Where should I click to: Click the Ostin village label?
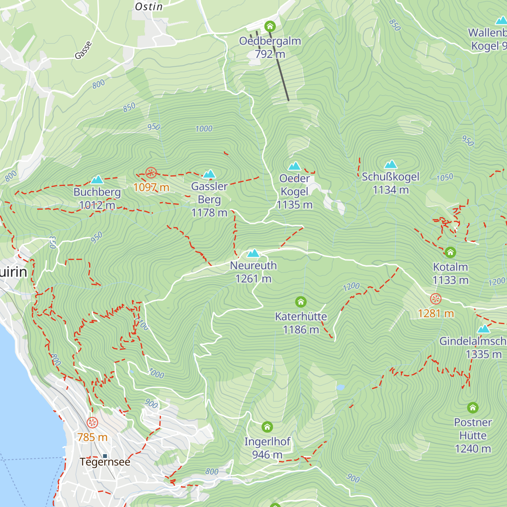coord(149,7)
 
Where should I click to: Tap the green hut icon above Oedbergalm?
coord(270,27)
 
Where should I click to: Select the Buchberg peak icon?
coord(97,180)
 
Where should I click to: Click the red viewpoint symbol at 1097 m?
coord(151,172)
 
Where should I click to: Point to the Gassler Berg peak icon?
coord(209,174)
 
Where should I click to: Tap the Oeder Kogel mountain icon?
coord(294,166)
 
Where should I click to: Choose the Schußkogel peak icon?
coord(391,164)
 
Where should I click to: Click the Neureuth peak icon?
coord(253,253)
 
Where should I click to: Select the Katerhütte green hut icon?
coord(301,302)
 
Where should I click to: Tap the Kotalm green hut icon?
coord(450,253)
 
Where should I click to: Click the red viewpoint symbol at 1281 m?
coord(436,299)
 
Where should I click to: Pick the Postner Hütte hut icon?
coord(473,408)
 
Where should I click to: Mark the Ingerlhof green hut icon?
coord(267,427)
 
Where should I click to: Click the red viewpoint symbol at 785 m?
coord(92,422)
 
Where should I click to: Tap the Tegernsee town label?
coord(105,462)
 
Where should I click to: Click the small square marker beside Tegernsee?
coord(105,456)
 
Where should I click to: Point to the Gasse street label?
coord(83,50)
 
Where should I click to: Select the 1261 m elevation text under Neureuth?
coord(253,279)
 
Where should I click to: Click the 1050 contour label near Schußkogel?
coord(444,177)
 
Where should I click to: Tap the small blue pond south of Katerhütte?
coord(341,387)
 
